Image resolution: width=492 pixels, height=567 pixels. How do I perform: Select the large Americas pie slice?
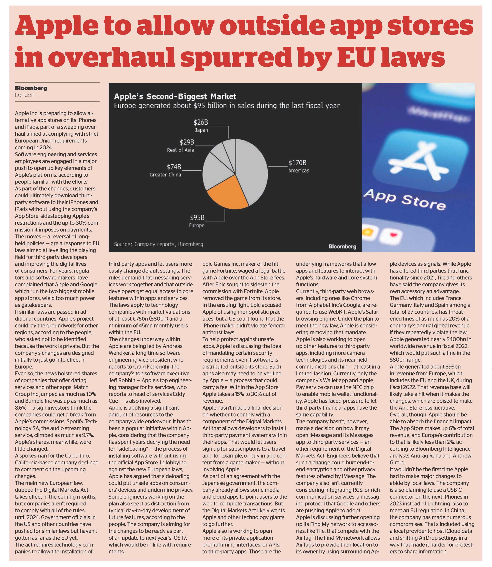[251, 170]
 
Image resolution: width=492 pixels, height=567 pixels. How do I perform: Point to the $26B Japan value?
[201, 122]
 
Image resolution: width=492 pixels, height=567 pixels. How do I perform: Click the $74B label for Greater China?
[174, 167]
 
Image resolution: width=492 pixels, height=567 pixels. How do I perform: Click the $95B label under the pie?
[197, 218]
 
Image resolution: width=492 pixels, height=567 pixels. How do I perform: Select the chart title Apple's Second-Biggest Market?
[175, 97]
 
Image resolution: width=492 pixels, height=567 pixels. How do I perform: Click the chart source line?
[159, 244]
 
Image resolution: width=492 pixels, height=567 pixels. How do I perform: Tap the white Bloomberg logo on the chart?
[342, 246]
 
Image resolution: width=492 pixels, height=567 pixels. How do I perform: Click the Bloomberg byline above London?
[31, 88]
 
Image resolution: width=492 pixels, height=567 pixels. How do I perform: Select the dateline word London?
[25, 95]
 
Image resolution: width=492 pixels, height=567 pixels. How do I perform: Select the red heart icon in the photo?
[394, 234]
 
